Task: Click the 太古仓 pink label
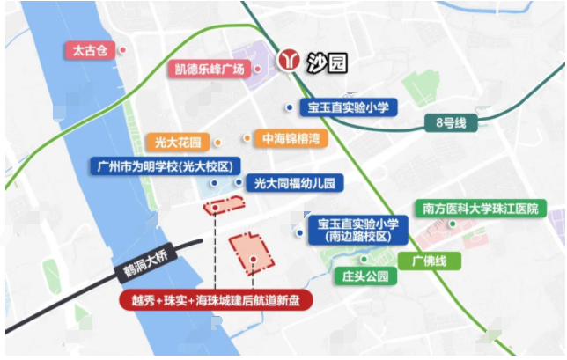tap(89, 50)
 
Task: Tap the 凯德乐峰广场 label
tap(207, 69)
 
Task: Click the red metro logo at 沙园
tap(288, 61)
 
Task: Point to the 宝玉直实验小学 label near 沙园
tap(348, 107)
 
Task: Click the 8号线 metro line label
tap(450, 122)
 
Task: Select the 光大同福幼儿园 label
tap(294, 183)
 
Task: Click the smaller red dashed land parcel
tap(222, 207)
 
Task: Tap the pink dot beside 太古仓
tap(122, 50)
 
